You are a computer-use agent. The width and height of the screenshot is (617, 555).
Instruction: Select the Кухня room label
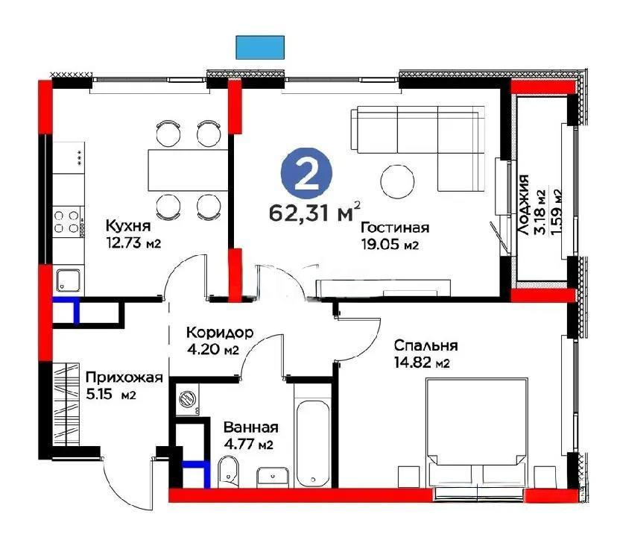pos(128,225)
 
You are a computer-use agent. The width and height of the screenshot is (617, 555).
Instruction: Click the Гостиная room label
pos(394,228)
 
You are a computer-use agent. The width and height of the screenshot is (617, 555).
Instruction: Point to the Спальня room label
pos(427,346)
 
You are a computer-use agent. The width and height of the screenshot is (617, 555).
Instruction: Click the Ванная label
pos(250,427)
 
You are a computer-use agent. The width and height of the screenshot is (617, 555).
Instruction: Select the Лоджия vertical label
pos(525,204)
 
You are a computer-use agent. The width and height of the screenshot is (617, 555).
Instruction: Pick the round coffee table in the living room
pos(397,180)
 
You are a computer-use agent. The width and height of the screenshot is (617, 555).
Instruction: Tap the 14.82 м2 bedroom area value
pos(423,363)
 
